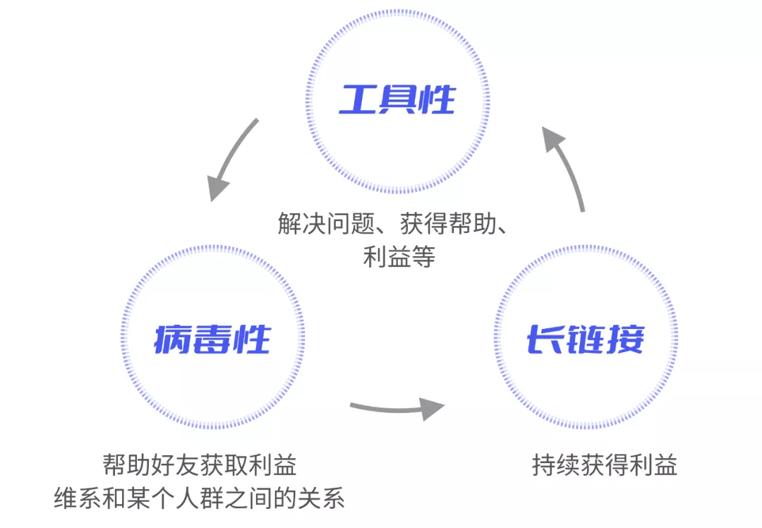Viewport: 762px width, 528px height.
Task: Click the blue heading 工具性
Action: coord(397,100)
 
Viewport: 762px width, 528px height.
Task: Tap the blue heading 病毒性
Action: coord(212,339)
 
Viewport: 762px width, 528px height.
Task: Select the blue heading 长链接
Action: coord(585,339)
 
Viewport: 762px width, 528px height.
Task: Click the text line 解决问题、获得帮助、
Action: coord(393,224)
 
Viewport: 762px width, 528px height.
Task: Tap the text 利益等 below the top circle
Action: coord(399,256)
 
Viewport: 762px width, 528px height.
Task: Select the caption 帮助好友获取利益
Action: coord(199,464)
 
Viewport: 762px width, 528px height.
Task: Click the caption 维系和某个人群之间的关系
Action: coord(199,498)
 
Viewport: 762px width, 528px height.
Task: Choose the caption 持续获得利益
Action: coord(605,464)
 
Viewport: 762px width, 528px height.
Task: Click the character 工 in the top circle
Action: coord(358,100)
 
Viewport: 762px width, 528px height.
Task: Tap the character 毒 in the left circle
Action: coord(212,339)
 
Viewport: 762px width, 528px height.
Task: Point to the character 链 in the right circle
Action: coord(585,339)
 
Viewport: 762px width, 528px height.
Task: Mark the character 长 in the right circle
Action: coord(545,339)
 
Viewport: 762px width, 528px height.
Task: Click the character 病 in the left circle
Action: coord(173,339)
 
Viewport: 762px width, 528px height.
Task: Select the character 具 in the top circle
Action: coord(397,100)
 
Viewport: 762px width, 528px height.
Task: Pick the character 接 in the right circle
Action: coord(625,339)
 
